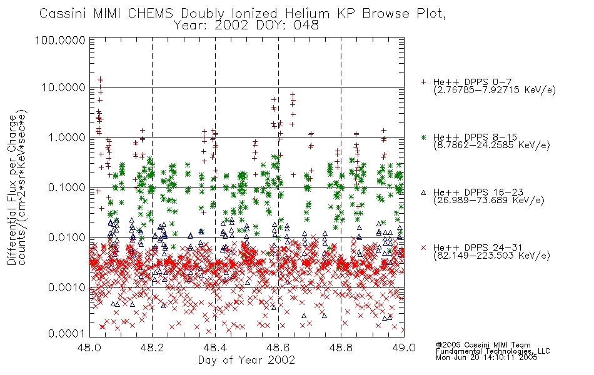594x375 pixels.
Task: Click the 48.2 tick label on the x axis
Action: click(x=153, y=347)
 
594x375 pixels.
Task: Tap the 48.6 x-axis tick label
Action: click(x=278, y=347)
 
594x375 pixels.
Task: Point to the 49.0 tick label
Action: click(x=404, y=347)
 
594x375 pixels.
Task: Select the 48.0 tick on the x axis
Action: click(x=89, y=347)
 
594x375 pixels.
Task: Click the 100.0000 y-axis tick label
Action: click(x=61, y=40)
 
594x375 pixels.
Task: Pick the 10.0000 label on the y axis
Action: click(x=64, y=87)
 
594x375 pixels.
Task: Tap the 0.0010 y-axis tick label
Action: click(x=67, y=287)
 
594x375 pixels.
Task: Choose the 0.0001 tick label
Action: click(x=67, y=334)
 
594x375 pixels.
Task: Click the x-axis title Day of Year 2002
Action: click(x=246, y=360)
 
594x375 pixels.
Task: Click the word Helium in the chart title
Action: click(x=307, y=14)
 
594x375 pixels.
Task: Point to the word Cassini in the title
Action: click(x=63, y=14)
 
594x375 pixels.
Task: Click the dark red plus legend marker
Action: click(x=423, y=82)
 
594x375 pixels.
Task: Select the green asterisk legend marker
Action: click(x=423, y=137)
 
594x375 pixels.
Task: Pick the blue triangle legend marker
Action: click(x=423, y=192)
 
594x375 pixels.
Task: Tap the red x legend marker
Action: click(x=423, y=247)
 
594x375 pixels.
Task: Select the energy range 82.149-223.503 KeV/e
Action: click(x=491, y=256)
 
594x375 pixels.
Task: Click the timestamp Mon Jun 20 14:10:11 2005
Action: click(x=486, y=357)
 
